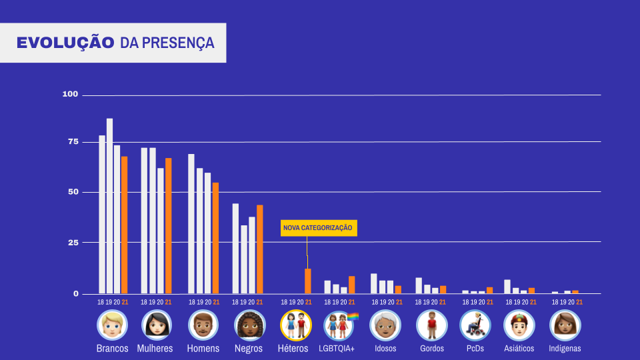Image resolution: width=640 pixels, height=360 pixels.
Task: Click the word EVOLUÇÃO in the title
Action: click(65, 43)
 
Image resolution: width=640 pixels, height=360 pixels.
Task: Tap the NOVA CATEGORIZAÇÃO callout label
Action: click(317, 228)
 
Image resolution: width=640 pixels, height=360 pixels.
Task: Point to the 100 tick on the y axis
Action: click(71, 95)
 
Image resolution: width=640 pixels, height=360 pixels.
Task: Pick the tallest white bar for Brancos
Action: click(109, 205)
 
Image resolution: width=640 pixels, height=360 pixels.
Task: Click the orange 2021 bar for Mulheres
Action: click(169, 225)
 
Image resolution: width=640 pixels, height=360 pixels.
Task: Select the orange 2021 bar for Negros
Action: click(259, 249)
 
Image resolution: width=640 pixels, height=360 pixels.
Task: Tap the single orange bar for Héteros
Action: click(308, 281)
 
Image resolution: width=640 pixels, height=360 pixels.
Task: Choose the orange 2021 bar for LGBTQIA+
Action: click(352, 285)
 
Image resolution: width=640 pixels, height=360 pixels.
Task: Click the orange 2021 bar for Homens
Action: click(215, 237)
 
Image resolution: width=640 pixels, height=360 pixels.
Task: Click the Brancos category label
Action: click(112, 349)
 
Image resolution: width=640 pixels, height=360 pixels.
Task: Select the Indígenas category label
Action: click(565, 349)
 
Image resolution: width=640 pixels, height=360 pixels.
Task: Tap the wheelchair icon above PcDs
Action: click(475, 325)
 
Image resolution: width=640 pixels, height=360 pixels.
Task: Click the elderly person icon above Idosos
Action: click(385, 325)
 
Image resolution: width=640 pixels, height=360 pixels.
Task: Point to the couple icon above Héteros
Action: click(295, 325)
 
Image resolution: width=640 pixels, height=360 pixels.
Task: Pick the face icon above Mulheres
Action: click(157, 325)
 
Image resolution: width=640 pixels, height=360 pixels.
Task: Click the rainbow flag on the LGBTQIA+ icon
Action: click(353, 317)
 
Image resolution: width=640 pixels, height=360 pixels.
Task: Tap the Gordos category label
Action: click(432, 349)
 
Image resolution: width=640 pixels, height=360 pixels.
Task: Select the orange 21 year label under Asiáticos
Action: click(533, 302)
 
